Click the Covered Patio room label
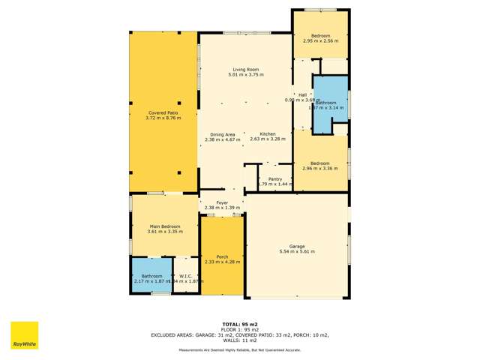[x=163, y=113]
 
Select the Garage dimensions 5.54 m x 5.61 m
[x=297, y=251]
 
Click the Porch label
[x=222, y=256]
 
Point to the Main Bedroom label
[x=164, y=226]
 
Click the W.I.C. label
[x=186, y=276]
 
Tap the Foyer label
[x=222, y=202]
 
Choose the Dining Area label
[x=223, y=134]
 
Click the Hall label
[x=303, y=95]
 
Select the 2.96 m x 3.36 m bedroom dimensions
[x=320, y=168]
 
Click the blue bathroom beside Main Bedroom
[x=151, y=276]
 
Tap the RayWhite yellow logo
[x=24, y=335]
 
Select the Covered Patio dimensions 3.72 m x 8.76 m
[x=163, y=118]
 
